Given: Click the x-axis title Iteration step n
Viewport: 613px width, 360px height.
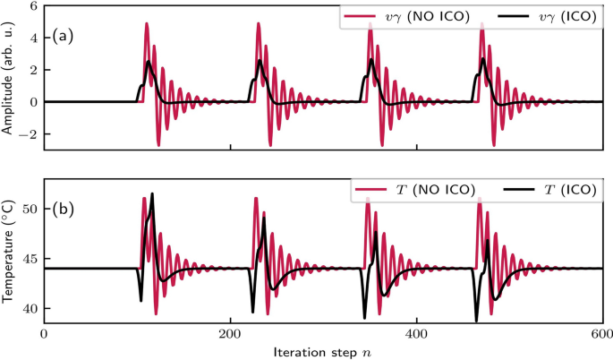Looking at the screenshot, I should click(x=322, y=350).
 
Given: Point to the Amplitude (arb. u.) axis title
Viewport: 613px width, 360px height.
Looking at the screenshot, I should click(x=8, y=73).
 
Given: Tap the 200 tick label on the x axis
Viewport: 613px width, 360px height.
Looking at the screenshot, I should click(x=230, y=332).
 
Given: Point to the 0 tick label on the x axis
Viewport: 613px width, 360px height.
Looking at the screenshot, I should click(x=44, y=332).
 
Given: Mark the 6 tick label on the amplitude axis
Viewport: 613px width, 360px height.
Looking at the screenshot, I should click(x=32, y=6).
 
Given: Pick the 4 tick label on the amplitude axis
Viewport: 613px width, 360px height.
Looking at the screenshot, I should click(x=32, y=39).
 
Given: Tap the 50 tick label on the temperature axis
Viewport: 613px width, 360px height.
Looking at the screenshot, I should click(x=28, y=210).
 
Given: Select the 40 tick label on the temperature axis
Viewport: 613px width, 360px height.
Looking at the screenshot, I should click(x=28, y=309).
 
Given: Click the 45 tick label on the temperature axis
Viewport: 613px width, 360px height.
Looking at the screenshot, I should click(x=28, y=260).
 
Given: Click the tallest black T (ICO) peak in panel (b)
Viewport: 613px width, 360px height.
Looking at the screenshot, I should click(x=152, y=194).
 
